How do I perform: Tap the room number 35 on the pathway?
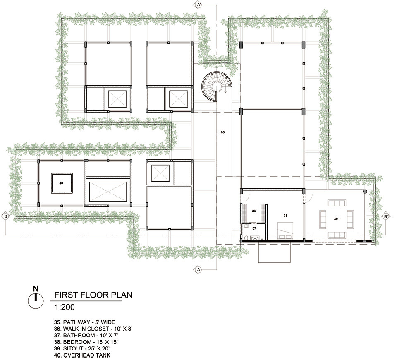222,132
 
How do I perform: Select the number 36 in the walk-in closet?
254,211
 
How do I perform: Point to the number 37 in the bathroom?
254,228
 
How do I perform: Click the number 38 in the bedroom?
285,216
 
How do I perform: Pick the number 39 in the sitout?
336,219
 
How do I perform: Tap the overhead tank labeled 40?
62,183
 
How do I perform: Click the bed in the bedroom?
285,230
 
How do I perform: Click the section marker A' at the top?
199,5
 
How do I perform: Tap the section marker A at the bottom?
198,270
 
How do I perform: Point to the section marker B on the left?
5,216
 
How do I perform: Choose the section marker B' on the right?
386,216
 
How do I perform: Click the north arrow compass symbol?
36,298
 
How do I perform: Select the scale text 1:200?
65,307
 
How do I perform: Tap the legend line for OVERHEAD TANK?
82,355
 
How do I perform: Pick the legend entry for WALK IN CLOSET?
93,329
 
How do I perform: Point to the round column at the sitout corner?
365,192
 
